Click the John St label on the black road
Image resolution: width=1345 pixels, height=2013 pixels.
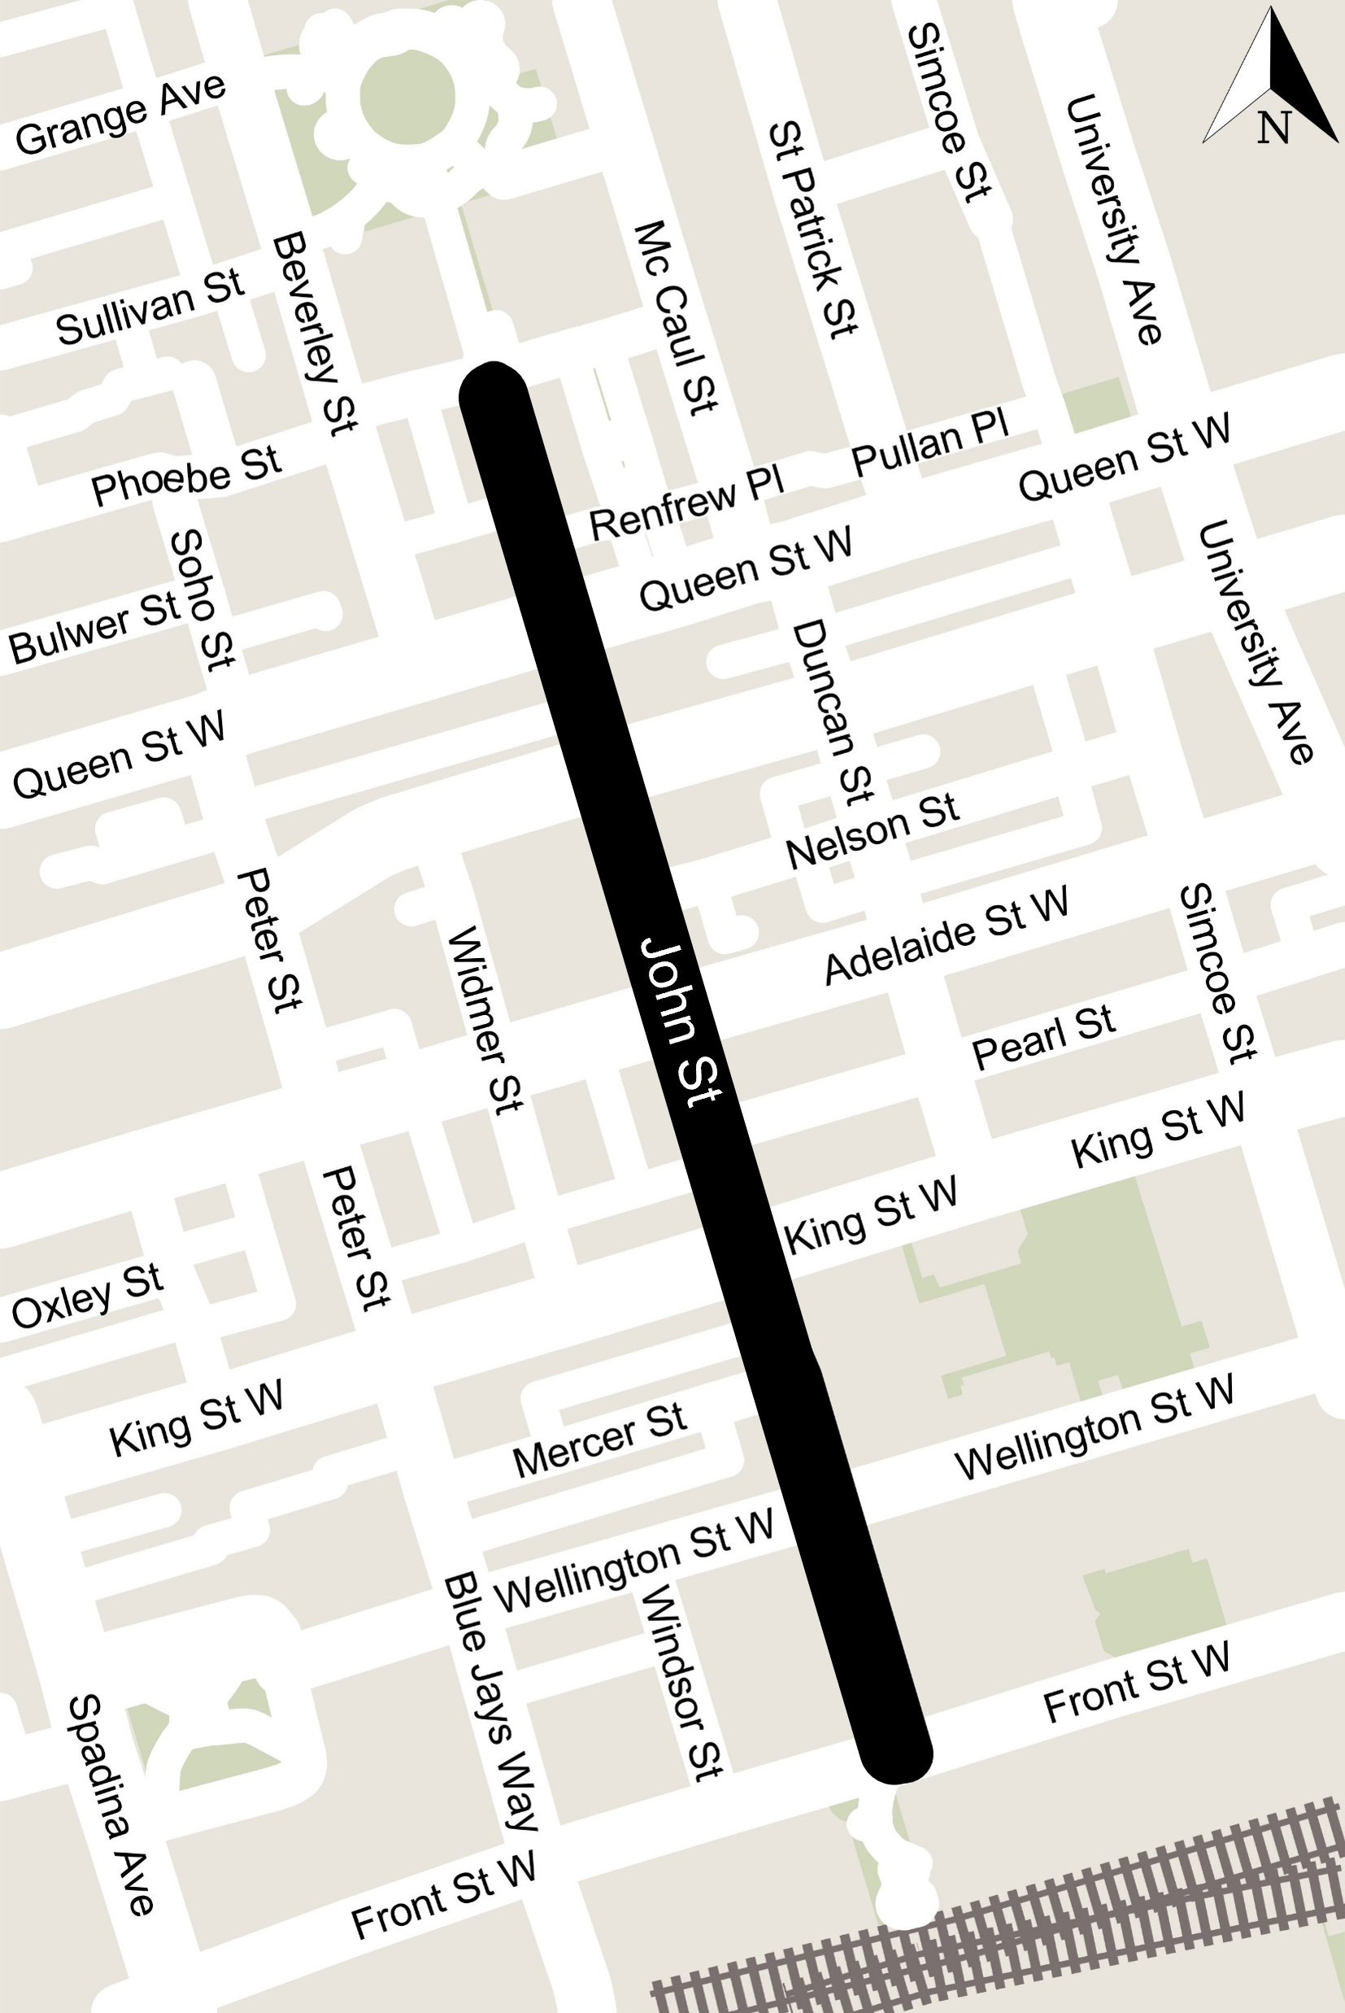(x=682, y=1022)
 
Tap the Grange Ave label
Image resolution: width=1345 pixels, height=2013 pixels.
(x=121, y=114)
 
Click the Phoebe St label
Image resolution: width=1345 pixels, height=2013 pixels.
(x=186, y=475)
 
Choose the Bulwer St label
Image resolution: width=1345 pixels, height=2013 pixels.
(x=94, y=629)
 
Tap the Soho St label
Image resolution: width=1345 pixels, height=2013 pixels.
(x=202, y=599)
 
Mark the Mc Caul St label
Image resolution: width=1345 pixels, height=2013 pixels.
(x=675, y=318)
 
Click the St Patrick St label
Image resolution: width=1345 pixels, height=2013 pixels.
(x=812, y=229)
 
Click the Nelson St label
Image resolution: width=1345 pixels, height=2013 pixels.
(x=873, y=830)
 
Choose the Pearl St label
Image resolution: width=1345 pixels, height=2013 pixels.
(x=1043, y=1036)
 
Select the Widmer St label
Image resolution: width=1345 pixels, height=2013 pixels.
(x=485, y=1019)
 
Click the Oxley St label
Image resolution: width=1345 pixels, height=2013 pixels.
(x=87, y=1295)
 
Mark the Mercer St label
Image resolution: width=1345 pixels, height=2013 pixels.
(x=599, y=1440)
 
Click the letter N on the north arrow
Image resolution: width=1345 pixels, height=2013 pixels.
(x=1273, y=128)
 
